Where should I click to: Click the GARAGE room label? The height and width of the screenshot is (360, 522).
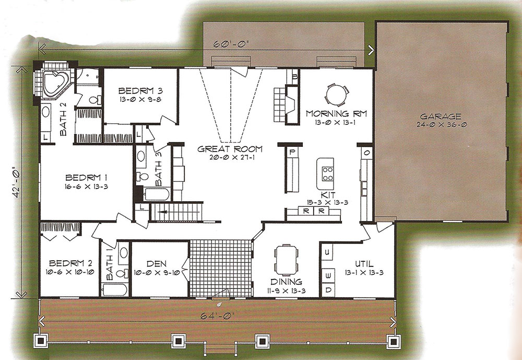[x=441, y=117]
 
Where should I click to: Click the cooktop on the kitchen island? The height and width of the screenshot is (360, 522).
[x=327, y=173]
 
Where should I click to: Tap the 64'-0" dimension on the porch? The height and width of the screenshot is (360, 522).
[x=218, y=315]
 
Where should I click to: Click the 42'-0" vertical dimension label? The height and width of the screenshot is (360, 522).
[x=18, y=182]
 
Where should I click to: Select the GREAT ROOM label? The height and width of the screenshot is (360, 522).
[x=230, y=149]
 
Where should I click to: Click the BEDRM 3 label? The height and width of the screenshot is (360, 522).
[x=140, y=90]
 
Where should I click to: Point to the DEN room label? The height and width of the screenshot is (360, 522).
[x=157, y=264]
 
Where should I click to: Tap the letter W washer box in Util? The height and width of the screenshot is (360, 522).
[x=328, y=276]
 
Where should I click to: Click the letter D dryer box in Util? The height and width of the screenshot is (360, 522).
[x=328, y=290]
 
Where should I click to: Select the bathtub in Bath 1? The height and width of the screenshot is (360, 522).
[x=114, y=289]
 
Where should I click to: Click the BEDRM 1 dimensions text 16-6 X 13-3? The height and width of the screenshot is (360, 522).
[x=86, y=187]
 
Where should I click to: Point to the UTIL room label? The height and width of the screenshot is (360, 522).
[x=364, y=264]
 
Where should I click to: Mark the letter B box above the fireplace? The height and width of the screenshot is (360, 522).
[x=294, y=77]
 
